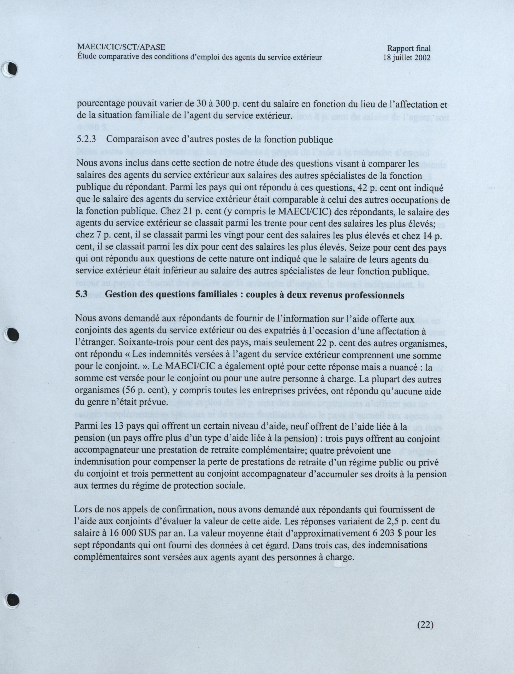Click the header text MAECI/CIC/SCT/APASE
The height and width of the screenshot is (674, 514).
pos(121,47)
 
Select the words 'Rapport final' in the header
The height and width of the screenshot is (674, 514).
pos(409,48)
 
